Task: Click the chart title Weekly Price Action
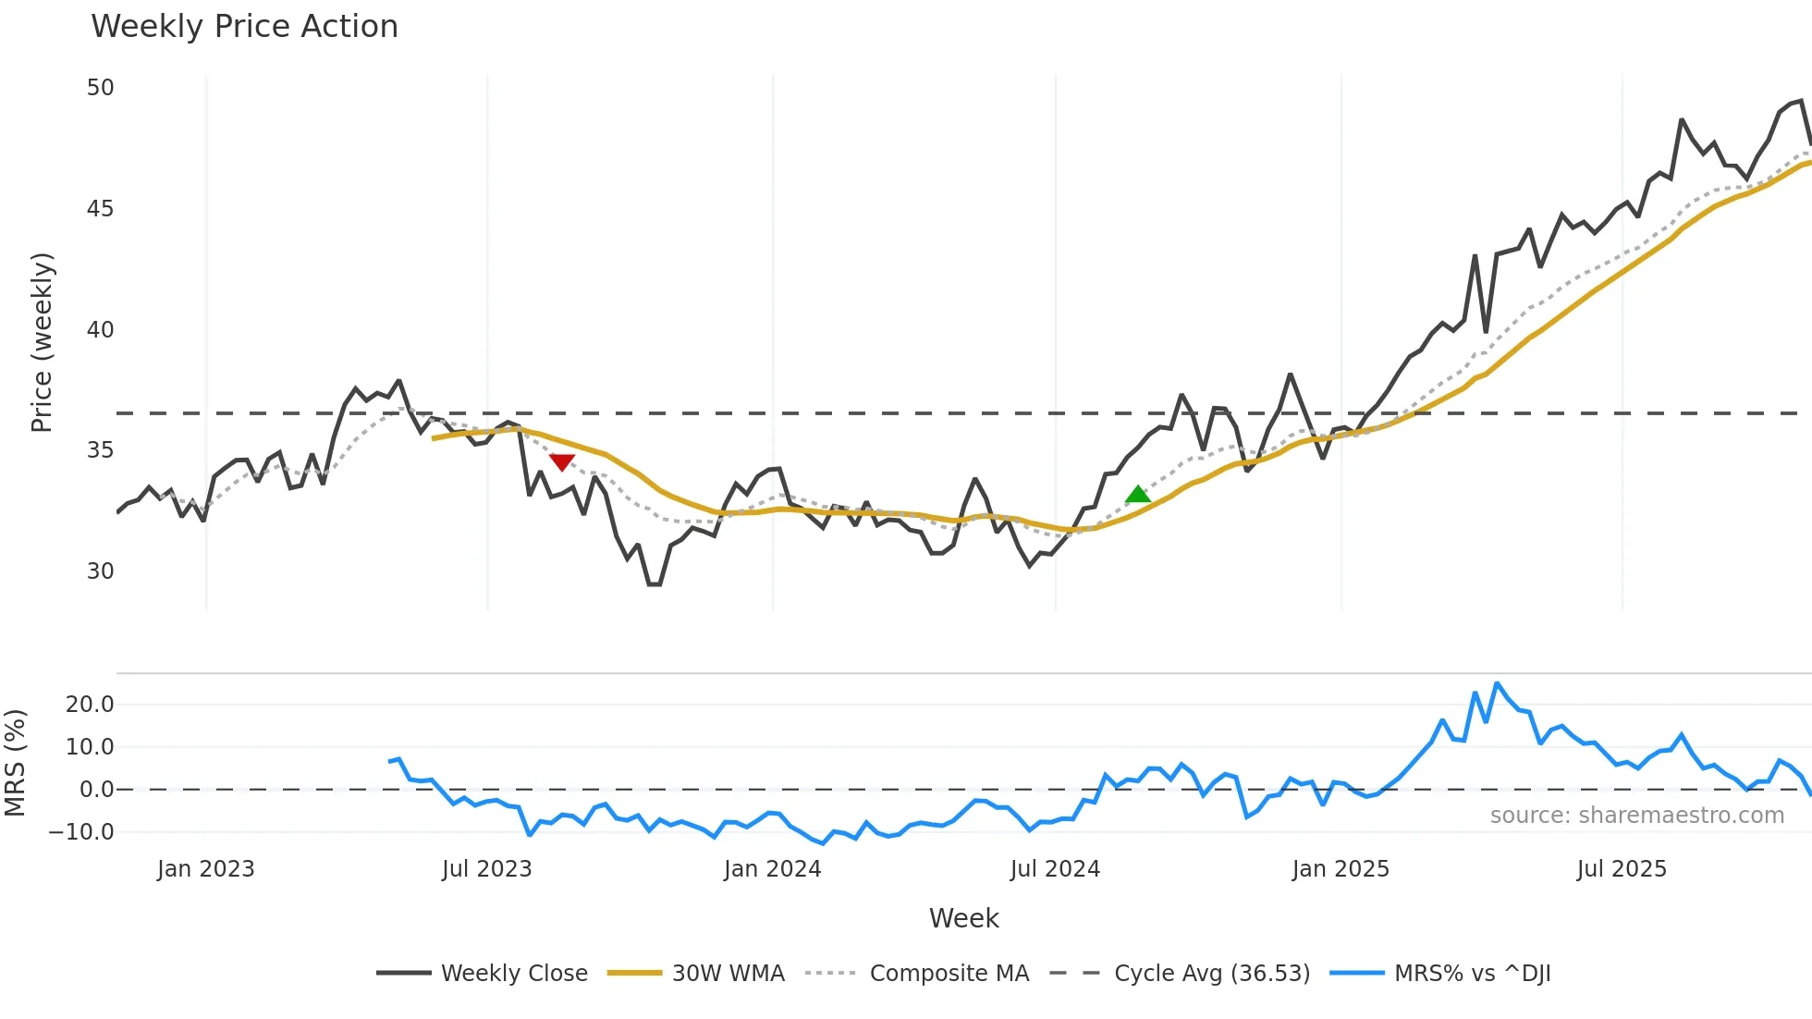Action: [244, 27]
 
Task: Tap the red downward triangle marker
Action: [562, 462]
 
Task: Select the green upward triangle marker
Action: [1138, 495]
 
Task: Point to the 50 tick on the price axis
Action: [100, 88]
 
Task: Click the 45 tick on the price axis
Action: [100, 209]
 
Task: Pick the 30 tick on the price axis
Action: [100, 571]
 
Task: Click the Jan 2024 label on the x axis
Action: [772, 869]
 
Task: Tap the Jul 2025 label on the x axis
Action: [1622, 869]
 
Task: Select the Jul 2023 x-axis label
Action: [486, 869]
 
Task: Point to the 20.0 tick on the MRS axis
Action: [90, 705]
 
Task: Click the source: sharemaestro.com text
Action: [1636, 816]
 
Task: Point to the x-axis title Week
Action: [963, 918]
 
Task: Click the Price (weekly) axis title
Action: [42, 342]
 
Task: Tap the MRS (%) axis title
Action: [15, 763]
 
